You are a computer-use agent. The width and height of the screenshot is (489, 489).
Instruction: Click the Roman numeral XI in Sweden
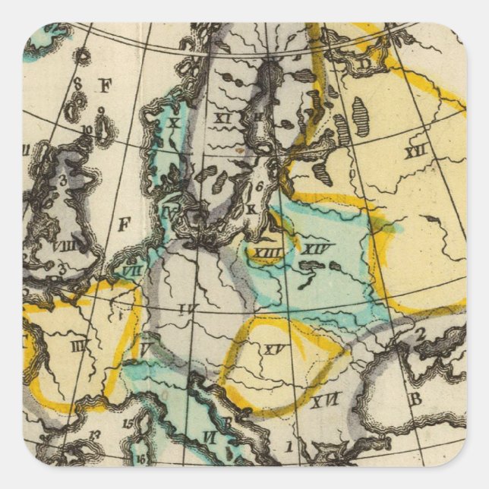222,118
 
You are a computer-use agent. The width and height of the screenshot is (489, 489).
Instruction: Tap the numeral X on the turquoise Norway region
174,121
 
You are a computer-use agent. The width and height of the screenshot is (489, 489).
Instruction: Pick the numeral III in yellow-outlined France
77,346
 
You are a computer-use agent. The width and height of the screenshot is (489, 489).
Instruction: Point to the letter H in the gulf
258,115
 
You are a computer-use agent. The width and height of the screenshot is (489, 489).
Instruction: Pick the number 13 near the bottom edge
96,434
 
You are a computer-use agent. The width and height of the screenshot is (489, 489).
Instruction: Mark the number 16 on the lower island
141,458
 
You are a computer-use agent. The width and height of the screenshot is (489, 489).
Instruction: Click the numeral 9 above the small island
99,110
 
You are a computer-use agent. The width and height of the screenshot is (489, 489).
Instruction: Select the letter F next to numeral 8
104,85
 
